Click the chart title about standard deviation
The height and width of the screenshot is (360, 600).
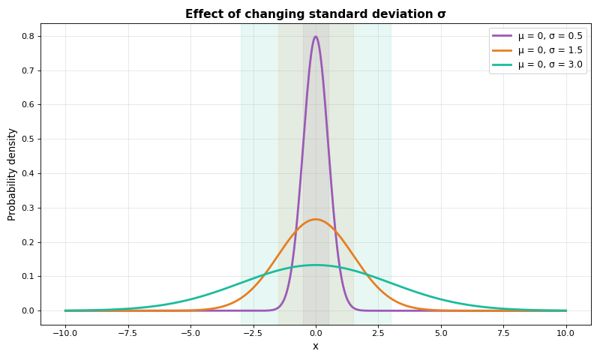(x=315, y=13)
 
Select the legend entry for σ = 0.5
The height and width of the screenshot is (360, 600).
(x=550, y=35)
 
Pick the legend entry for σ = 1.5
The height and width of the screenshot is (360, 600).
(x=550, y=50)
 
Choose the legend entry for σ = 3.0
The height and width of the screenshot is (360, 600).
(x=550, y=65)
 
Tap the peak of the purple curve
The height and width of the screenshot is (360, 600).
(x=316, y=37)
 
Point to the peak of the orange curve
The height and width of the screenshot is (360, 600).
(x=316, y=219)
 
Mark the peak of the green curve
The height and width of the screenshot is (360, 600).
(x=316, y=265)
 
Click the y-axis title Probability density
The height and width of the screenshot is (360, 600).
(x=12, y=174)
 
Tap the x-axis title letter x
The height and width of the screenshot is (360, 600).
(x=316, y=346)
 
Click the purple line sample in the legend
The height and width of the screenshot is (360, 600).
(x=502, y=35)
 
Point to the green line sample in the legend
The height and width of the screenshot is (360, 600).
(x=502, y=65)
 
